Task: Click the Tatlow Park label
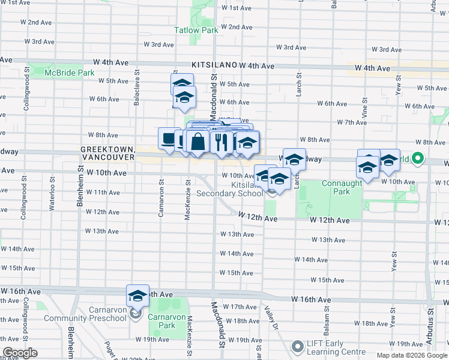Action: tap(196, 29)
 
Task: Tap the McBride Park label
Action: tap(70, 73)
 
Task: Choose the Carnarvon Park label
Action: tap(161, 321)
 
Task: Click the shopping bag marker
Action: tap(197, 142)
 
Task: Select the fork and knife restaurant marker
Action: tap(223, 142)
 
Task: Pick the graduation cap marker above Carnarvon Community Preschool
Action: tap(137, 296)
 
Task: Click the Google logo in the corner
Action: tap(20, 353)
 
